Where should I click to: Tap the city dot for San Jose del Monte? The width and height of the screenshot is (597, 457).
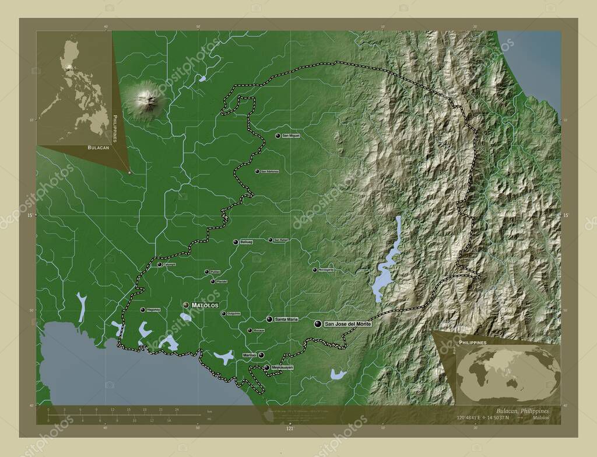coord(318,323)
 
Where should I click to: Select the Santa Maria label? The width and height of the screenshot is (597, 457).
coord(286,319)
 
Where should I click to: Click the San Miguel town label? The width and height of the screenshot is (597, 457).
coord(290,135)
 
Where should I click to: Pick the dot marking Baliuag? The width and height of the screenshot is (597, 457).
coord(236,242)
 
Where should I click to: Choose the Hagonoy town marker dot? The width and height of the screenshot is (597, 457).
coord(143,309)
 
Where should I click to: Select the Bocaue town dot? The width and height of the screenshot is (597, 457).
coord(250,330)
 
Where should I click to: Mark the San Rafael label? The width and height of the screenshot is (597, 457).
coord(280,240)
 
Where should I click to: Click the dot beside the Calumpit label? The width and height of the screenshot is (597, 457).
coord(159,264)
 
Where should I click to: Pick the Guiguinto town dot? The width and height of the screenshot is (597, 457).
coord(223,313)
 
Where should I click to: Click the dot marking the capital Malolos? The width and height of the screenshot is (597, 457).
coord(186,305)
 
